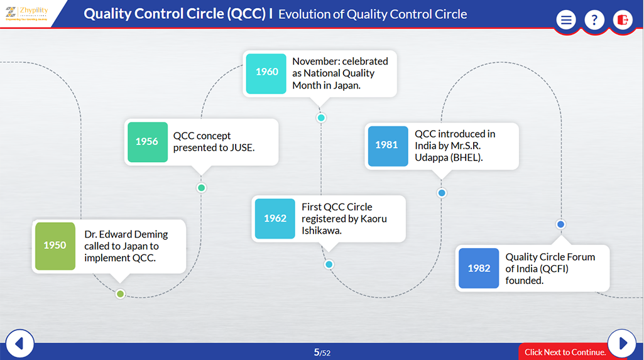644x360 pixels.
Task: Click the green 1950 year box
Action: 55,246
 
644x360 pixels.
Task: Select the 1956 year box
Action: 147,142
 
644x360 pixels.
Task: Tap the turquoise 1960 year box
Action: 266,72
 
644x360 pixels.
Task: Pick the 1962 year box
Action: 275,219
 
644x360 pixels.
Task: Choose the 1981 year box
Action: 386,145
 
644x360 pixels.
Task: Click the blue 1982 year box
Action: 479,268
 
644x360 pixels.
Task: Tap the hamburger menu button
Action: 566,20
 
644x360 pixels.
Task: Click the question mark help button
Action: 594,20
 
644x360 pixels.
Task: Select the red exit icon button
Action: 623,20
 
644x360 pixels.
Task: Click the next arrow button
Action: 623,343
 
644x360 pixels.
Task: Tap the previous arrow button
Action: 19,344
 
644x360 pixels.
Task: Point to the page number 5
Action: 317,352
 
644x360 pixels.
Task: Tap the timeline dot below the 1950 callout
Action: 120,293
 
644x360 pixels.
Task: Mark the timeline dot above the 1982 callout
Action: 560,224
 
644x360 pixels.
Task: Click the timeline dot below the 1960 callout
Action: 321,117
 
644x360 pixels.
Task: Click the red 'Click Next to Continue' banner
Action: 564,352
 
